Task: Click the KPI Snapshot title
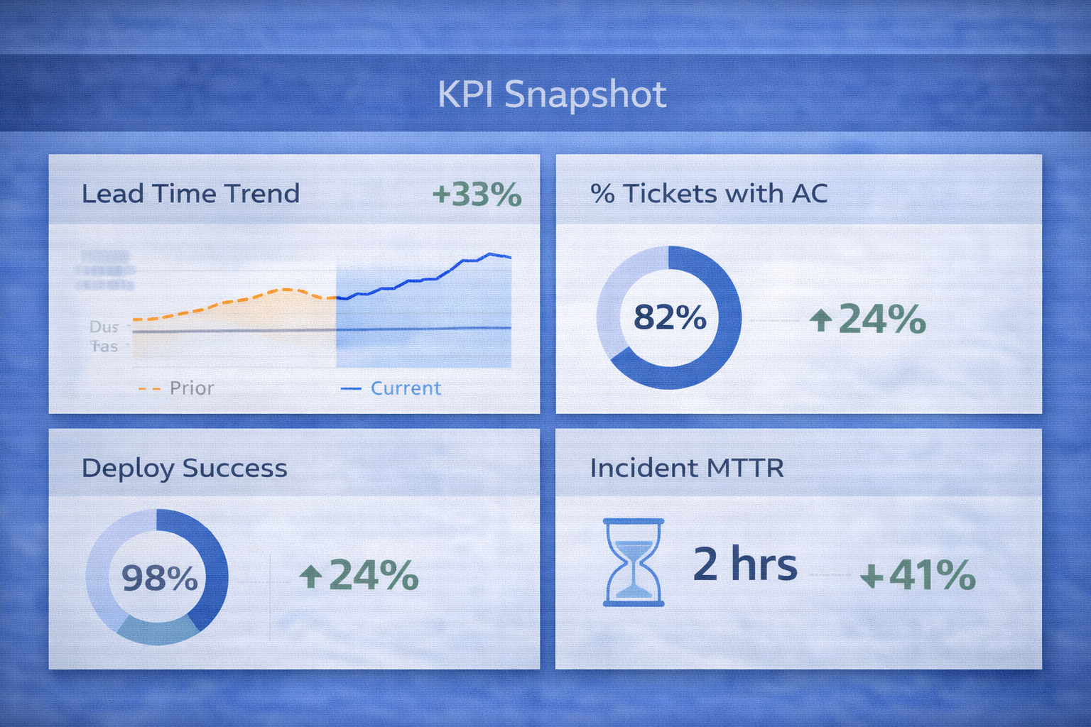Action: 552,94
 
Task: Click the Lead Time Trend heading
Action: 190,194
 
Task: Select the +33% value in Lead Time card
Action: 477,195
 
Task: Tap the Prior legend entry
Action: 191,388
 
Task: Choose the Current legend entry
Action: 405,388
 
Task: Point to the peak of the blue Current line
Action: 489,253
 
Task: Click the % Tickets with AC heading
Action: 709,194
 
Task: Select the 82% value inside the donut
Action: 670,317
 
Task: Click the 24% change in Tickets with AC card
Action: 881,319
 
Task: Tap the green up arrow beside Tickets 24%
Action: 820,320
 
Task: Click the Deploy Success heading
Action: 185,469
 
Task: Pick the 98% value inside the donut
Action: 159,578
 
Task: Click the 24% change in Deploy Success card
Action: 373,575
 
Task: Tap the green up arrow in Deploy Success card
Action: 310,576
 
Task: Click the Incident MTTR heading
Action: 687,469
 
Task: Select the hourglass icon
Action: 634,562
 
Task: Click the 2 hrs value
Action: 745,564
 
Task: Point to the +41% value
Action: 918,575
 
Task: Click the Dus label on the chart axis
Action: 104,327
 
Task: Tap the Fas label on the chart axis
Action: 104,346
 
